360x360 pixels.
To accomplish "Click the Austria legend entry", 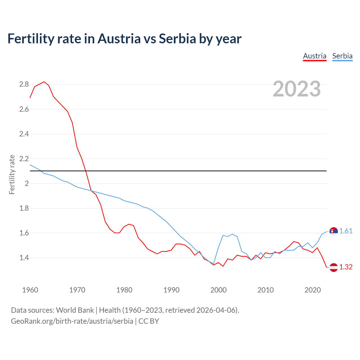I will (314, 56).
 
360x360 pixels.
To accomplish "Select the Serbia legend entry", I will (342, 56).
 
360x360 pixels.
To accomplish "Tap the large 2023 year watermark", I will (297, 89).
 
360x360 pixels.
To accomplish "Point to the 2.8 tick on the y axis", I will (24, 84).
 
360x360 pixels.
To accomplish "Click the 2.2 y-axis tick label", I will (24, 159).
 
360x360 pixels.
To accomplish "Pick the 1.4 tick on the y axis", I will (24, 258).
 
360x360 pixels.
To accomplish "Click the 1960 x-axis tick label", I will (30, 290).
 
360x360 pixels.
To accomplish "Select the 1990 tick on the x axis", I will (171, 290).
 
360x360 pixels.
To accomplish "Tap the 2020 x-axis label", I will (312, 290).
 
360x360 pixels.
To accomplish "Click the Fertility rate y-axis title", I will (12, 174).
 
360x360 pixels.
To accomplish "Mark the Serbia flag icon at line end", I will (334, 231).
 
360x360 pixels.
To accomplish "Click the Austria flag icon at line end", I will (334, 267).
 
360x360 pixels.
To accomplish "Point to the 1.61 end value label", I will (346, 231).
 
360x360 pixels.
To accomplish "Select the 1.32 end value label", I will (346, 267).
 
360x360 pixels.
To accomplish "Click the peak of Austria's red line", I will (44, 82).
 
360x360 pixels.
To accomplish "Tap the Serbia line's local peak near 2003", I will (232, 234).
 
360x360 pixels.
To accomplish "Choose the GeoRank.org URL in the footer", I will (72, 321).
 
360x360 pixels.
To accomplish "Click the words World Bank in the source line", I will (75, 310).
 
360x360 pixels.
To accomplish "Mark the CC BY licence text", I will (149, 321).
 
